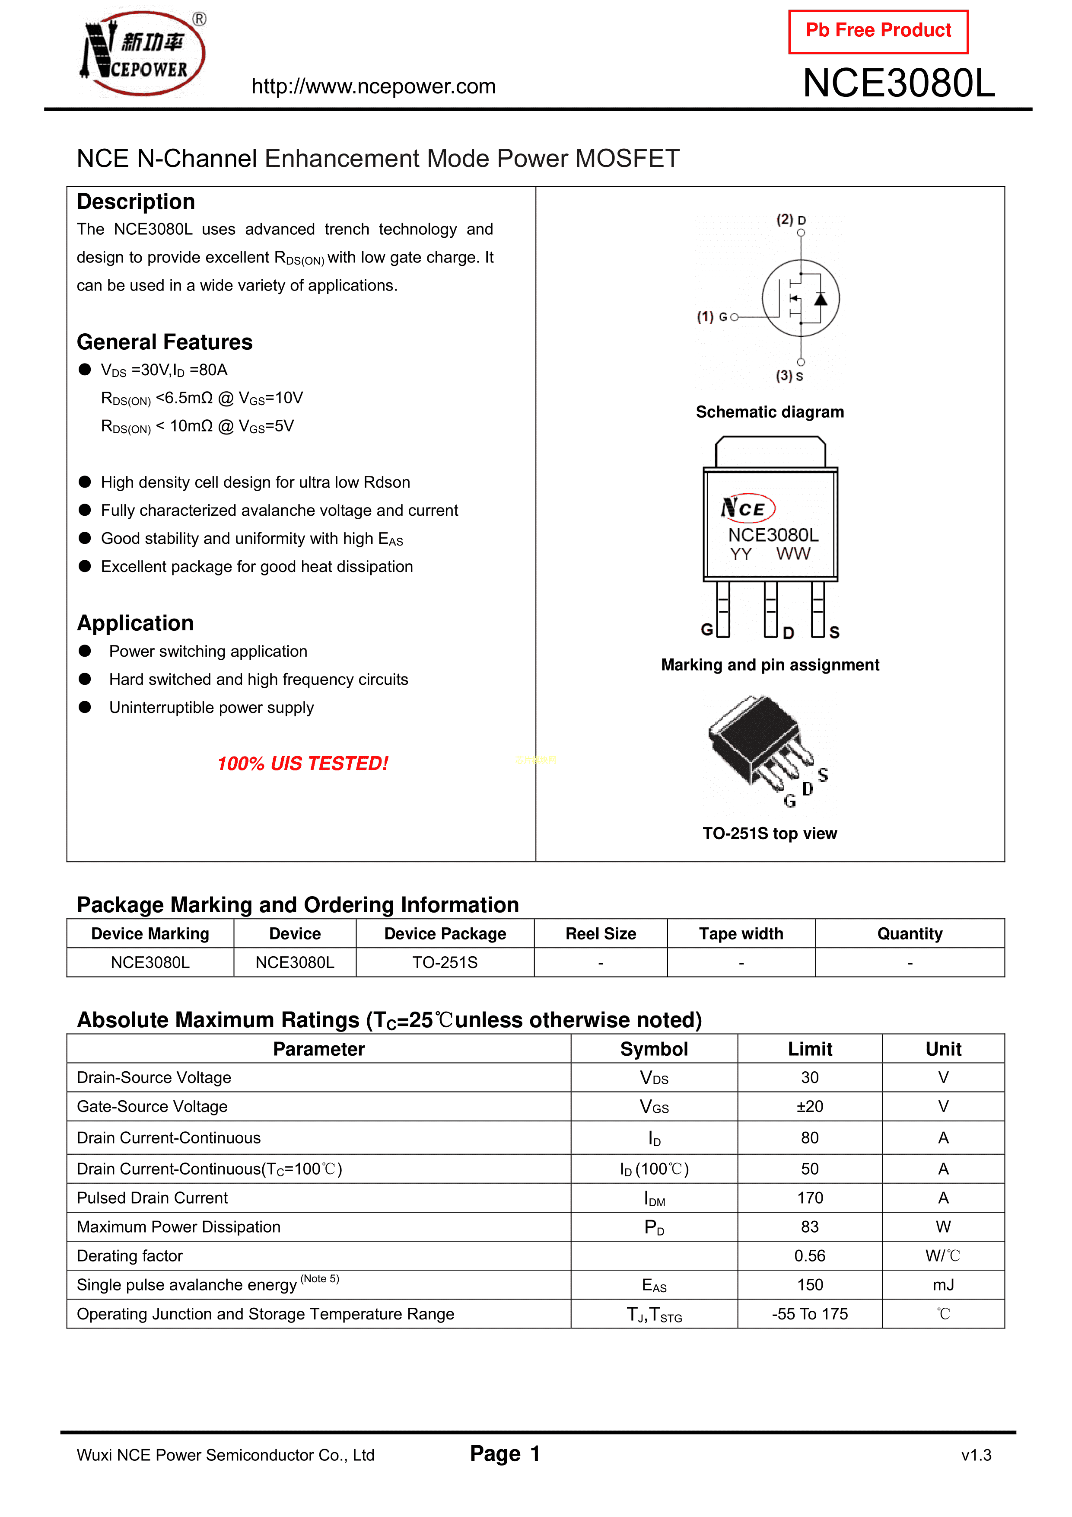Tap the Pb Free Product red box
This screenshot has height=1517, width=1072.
tap(878, 31)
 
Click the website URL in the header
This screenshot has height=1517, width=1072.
tap(373, 86)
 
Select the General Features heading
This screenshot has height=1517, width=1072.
tap(165, 342)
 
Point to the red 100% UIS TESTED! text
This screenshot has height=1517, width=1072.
tap(302, 764)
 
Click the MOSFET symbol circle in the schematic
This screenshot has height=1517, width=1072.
tap(801, 299)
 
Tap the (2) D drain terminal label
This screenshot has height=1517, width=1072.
tap(791, 220)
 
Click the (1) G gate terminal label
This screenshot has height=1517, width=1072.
tap(712, 317)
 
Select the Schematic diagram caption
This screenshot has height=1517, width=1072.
tap(770, 412)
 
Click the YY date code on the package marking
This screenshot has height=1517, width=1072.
tap(741, 554)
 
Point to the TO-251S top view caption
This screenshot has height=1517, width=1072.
tap(770, 834)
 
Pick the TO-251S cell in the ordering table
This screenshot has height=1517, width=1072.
tap(445, 963)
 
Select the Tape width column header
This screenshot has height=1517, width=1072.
tap(741, 934)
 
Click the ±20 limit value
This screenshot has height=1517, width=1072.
tap(810, 1107)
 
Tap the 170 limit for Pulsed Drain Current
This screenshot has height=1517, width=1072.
tap(810, 1198)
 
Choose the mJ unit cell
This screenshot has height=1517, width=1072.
tap(943, 1285)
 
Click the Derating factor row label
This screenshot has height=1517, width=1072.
tap(130, 1256)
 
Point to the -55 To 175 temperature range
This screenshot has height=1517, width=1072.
tap(810, 1314)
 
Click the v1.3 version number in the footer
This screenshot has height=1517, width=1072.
tap(976, 1456)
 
